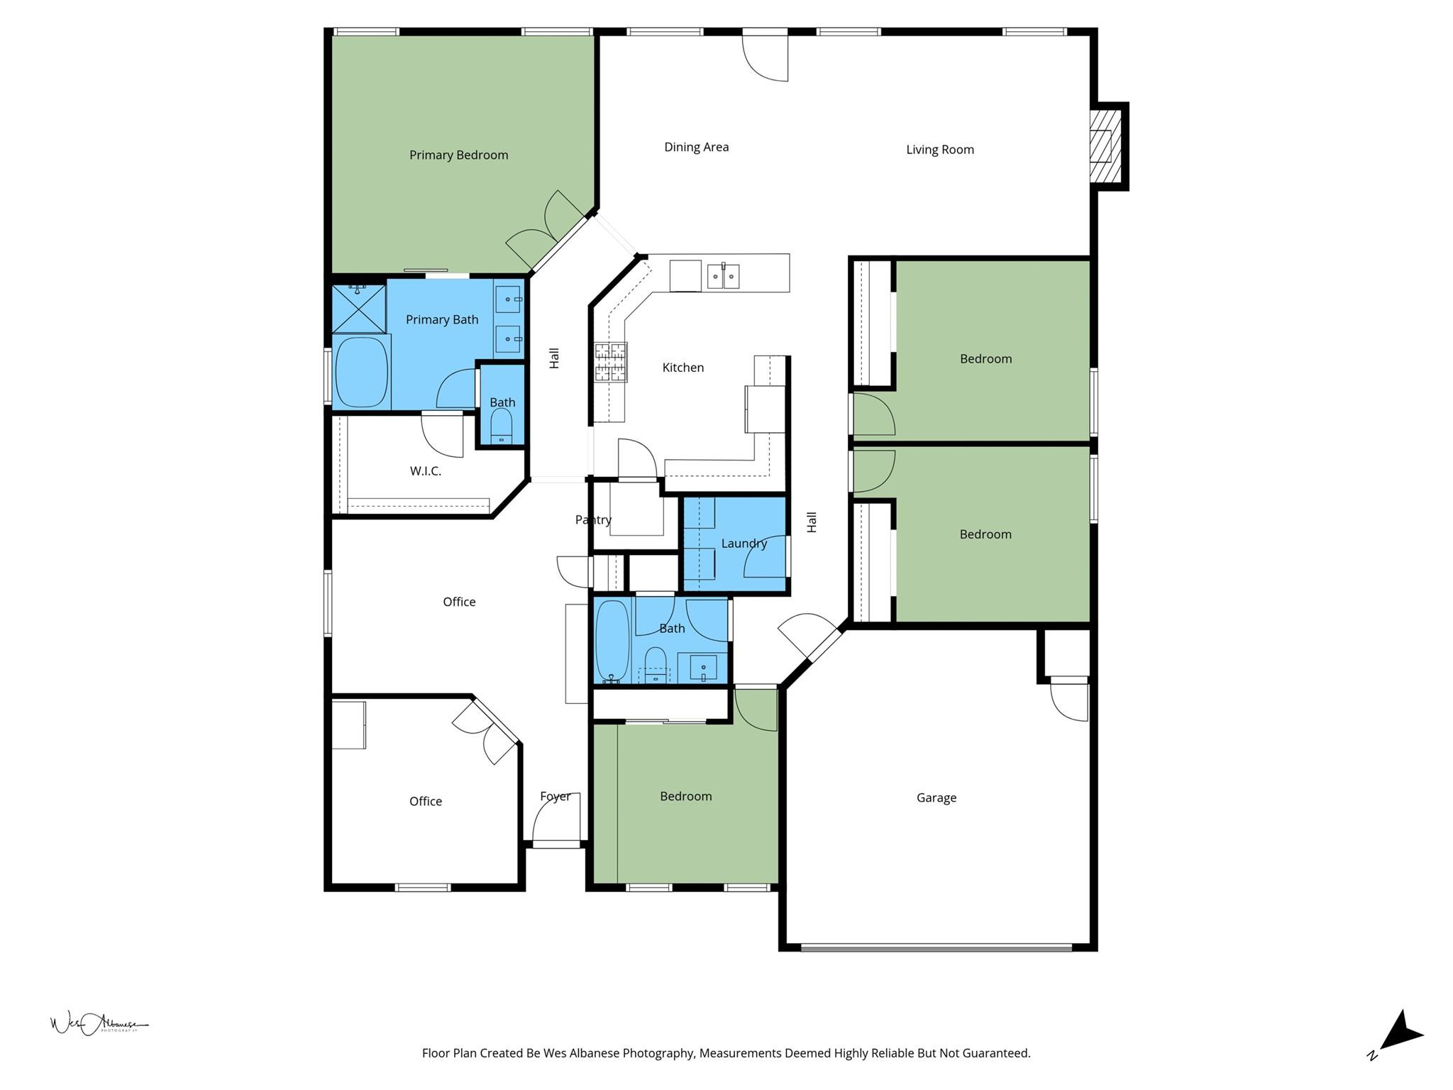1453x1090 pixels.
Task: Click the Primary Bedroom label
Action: coord(458,155)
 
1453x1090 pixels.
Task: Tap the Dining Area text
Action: coord(696,147)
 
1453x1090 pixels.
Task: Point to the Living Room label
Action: coord(939,150)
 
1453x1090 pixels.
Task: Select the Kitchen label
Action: coord(683,368)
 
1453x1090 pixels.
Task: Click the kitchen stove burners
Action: coord(610,362)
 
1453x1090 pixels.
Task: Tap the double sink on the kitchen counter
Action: coord(723,275)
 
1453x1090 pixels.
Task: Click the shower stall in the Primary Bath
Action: coord(359,308)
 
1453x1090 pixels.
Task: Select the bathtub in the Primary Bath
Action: coord(361,373)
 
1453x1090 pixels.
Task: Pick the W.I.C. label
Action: coord(425,471)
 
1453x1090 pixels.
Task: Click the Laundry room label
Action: coord(744,544)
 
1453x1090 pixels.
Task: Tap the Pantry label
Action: coord(593,520)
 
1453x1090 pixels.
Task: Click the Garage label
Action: coord(936,798)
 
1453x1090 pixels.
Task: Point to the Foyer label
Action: coord(555,796)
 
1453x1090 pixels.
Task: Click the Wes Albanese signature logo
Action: coord(99,1023)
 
